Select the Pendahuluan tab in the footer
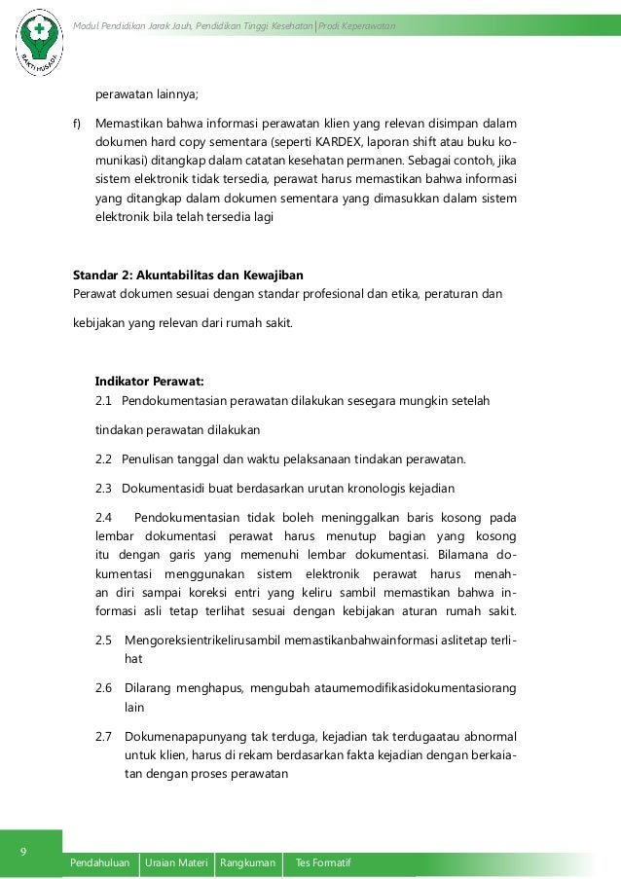(x=101, y=863)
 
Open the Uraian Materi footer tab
(x=176, y=863)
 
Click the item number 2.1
(x=104, y=400)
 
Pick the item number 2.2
(x=104, y=458)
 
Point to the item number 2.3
(x=104, y=488)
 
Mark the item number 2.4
(x=104, y=517)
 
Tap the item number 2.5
(x=104, y=640)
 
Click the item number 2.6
(x=104, y=688)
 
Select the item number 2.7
(x=104, y=737)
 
